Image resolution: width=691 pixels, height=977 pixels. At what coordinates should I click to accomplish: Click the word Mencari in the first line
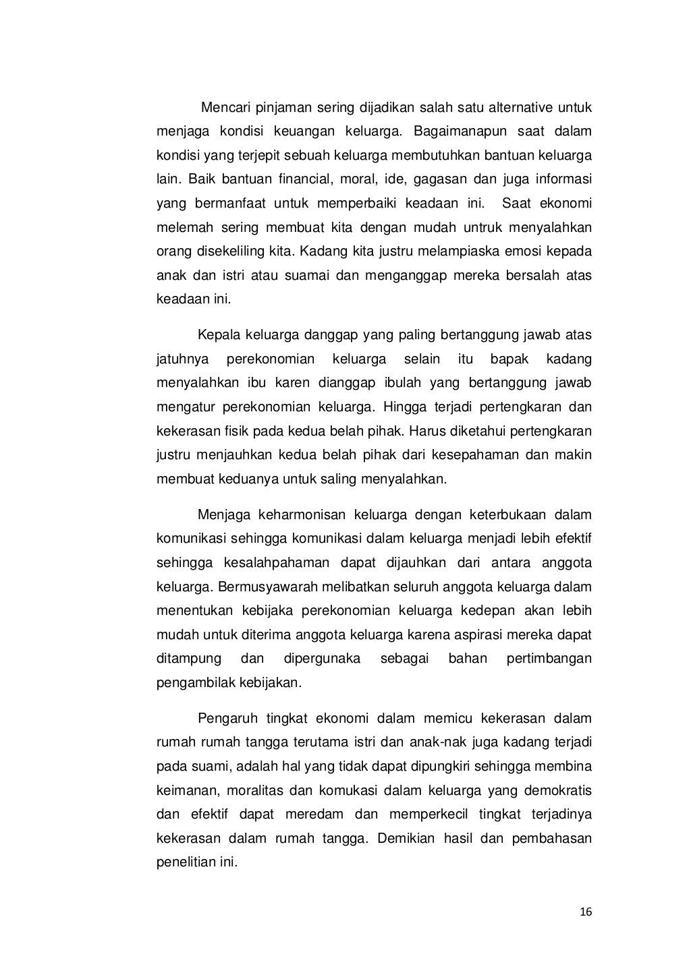pyautogui.click(x=226, y=108)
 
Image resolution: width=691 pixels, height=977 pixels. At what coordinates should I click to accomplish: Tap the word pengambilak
pyautogui.click(x=195, y=682)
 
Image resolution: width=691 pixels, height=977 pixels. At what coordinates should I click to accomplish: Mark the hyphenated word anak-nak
pyautogui.click(x=431, y=742)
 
